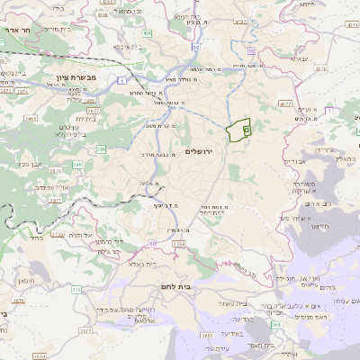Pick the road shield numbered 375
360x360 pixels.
point(77,290)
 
